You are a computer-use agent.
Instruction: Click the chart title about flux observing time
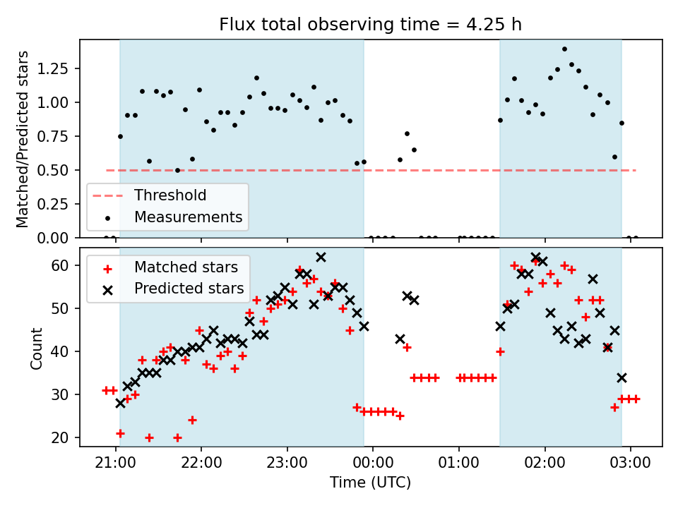pos(371,24)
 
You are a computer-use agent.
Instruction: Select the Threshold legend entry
pos(170,195)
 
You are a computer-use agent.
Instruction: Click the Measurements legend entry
pos(188,217)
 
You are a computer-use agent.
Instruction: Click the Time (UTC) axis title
pos(370,483)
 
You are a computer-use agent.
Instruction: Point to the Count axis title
pos(36,348)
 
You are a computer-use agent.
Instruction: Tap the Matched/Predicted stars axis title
pos(23,139)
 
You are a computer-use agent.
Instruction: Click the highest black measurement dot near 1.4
pos(564,49)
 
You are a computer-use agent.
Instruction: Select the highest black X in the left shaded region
pos(321,258)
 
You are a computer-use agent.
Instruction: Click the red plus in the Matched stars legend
pos(107,268)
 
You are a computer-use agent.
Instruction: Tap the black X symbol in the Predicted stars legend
pos(107,289)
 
